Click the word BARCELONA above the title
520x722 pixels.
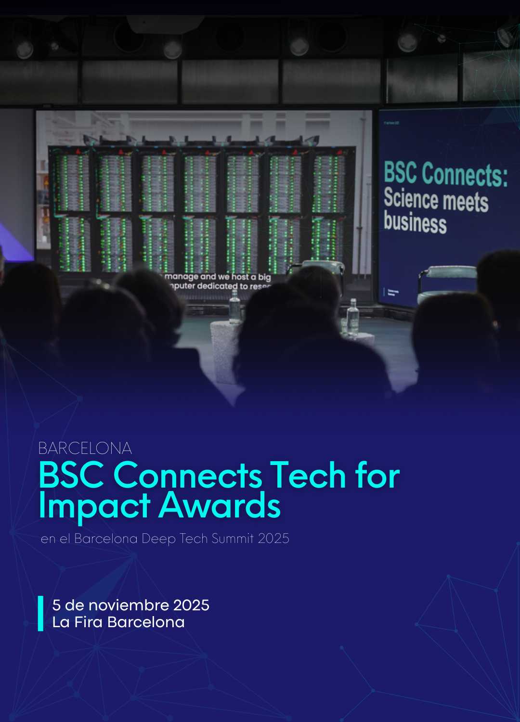tap(85, 448)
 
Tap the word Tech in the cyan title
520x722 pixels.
tap(308, 475)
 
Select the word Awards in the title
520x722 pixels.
tap(220, 506)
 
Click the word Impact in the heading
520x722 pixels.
tap(94, 506)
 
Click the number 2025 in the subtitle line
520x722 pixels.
tap(273, 538)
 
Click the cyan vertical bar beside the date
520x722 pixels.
tap(41, 613)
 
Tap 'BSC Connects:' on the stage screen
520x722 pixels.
tap(445, 174)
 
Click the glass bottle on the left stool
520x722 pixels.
tap(234, 306)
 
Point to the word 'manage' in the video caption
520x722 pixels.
tap(182, 277)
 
